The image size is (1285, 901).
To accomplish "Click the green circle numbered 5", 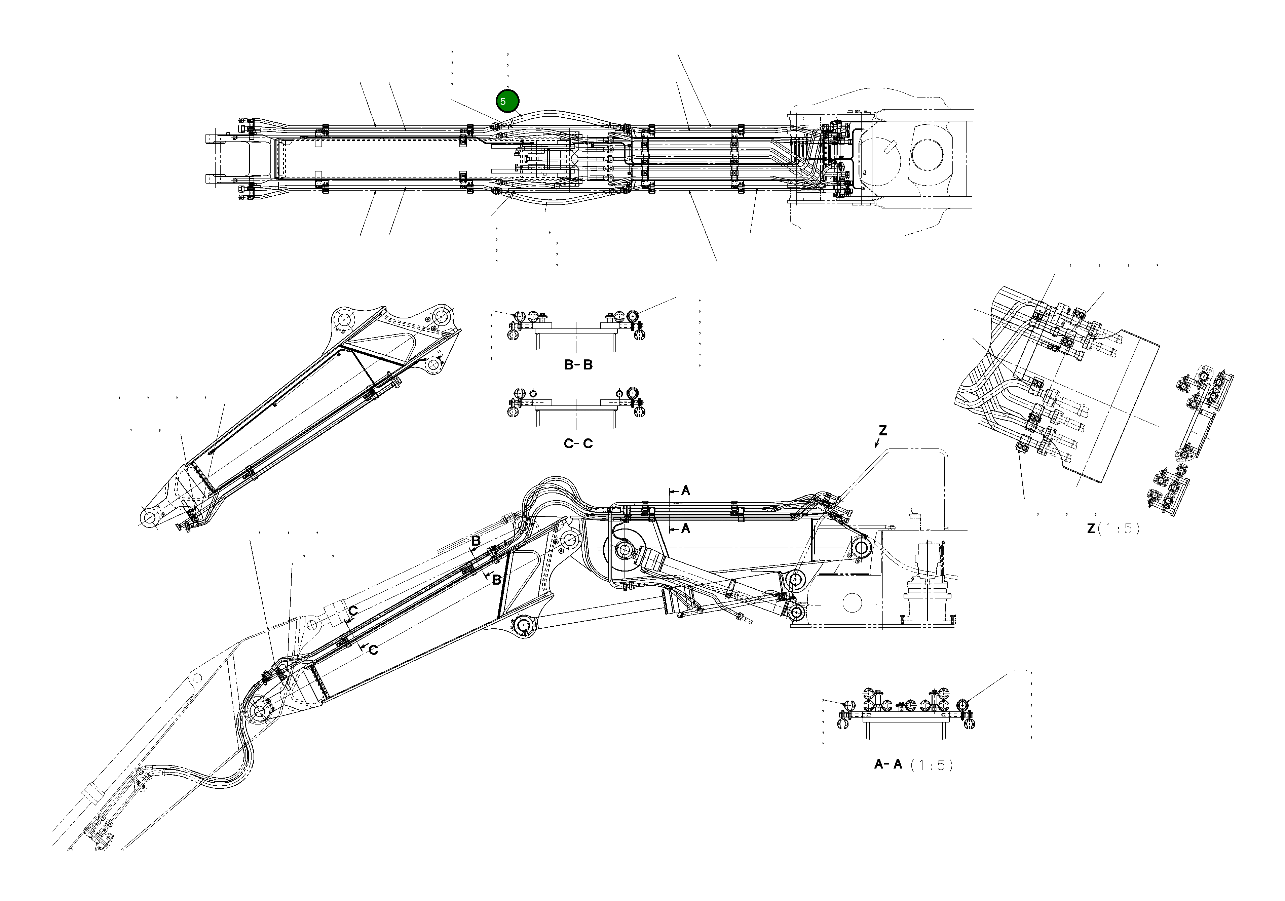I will click(507, 101).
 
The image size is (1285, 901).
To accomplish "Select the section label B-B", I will click(578, 365).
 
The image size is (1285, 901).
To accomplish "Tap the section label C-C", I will click(578, 444).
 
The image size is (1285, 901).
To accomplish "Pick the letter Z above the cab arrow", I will click(882, 431).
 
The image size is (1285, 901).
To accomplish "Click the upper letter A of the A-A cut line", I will click(686, 491).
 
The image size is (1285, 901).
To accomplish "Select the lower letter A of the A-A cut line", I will click(686, 528).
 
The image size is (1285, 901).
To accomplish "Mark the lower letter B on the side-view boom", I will click(496, 580).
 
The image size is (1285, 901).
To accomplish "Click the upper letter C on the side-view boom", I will click(353, 611).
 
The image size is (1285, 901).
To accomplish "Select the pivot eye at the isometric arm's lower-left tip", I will click(149, 518).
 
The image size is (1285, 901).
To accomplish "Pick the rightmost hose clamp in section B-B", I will click(633, 317).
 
